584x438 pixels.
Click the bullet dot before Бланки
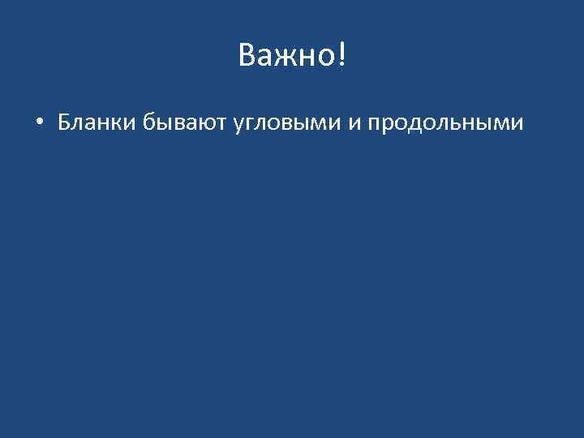(39, 123)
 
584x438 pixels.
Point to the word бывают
(186, 122)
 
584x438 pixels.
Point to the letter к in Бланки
(118, 123)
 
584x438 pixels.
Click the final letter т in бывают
(224, 123)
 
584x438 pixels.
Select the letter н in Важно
(305, 57)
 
